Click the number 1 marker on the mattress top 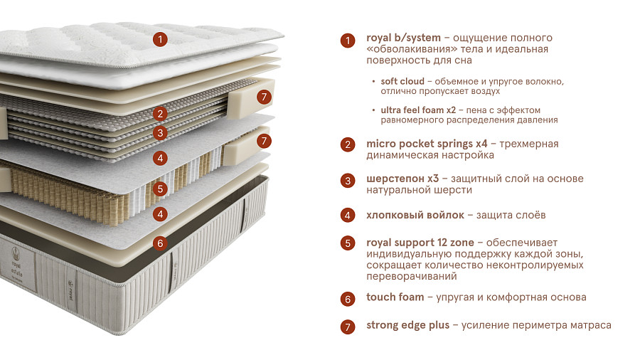tap(160, 40)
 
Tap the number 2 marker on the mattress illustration tap(160, 113)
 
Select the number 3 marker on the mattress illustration tap(160, 133)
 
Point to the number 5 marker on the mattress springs tap(160, 189)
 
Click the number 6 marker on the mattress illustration tap(160, 243)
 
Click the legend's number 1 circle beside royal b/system tap(348, 41)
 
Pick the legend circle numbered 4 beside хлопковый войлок tap(348, 215)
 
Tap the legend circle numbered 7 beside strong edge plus tap(348, 327)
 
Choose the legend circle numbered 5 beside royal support tap(348, 243)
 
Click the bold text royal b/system tap(403, 38)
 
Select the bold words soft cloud tap(402, 81)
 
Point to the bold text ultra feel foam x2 tap(418, 110)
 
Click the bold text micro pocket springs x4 tap(427, 144)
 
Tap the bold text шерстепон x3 tap(402, 179)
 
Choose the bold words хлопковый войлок tap(415, 215)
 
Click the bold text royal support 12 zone tap(420, 243)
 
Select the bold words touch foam tap(395, 297)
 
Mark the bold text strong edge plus tap(407, 325)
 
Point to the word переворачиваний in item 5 tap(412, 276)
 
